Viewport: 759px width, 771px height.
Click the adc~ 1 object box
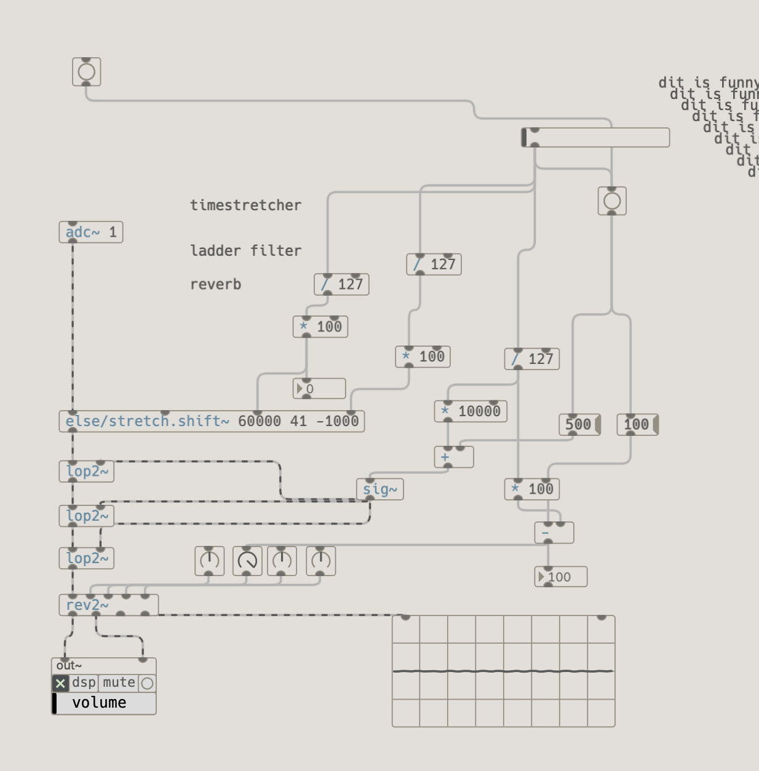90,232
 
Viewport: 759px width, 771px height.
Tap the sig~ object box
379,489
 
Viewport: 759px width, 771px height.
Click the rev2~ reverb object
108,605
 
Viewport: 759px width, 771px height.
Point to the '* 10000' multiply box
471,411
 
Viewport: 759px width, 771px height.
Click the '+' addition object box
454,457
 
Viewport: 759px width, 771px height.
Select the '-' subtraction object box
554,532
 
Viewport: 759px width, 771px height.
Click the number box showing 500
578,424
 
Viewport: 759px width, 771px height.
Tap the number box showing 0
319,389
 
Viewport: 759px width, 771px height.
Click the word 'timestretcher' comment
245,205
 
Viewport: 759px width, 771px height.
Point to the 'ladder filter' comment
245,251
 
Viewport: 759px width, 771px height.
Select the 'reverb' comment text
215,285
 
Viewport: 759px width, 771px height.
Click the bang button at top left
87,72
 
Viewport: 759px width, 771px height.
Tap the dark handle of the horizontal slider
524,138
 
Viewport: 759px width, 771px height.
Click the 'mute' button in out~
119,682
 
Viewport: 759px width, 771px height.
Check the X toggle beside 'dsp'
60,683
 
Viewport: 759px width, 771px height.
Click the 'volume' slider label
99,703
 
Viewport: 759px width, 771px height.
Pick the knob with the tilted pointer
247,561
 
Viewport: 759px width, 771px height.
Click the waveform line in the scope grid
503,671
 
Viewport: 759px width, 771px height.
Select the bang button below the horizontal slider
612,201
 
